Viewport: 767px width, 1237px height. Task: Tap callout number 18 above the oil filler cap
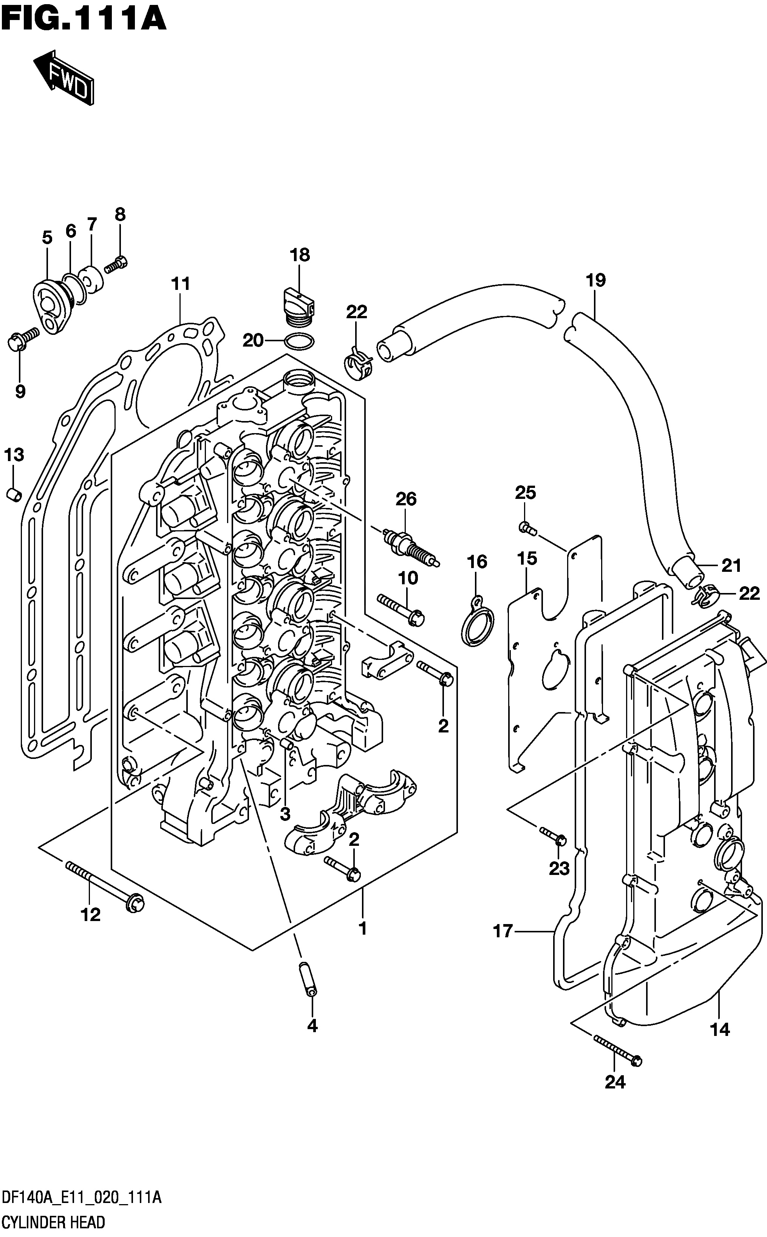[x=300, y=255]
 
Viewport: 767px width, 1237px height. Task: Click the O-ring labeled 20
[x=299, y=343]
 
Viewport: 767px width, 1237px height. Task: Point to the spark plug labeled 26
[x=411, y=548]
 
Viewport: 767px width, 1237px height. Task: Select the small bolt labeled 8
[x=116, y=264]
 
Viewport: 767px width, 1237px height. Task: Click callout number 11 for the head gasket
[x=181, y=283]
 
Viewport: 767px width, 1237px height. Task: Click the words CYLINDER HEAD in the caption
[x=53, y=1223]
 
